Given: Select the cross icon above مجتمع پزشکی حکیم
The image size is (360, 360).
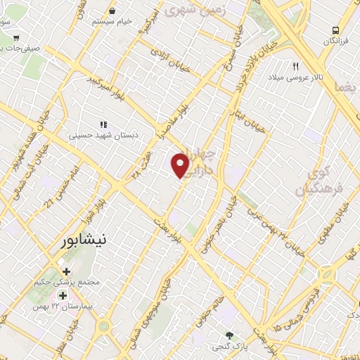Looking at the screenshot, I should (x=66, y=271).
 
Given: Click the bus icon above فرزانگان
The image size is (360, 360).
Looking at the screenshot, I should (x=336, y=30).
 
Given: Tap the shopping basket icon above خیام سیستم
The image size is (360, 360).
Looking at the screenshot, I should (x=112, y=11).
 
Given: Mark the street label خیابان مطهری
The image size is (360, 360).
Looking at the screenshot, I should (x=342, y=218).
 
